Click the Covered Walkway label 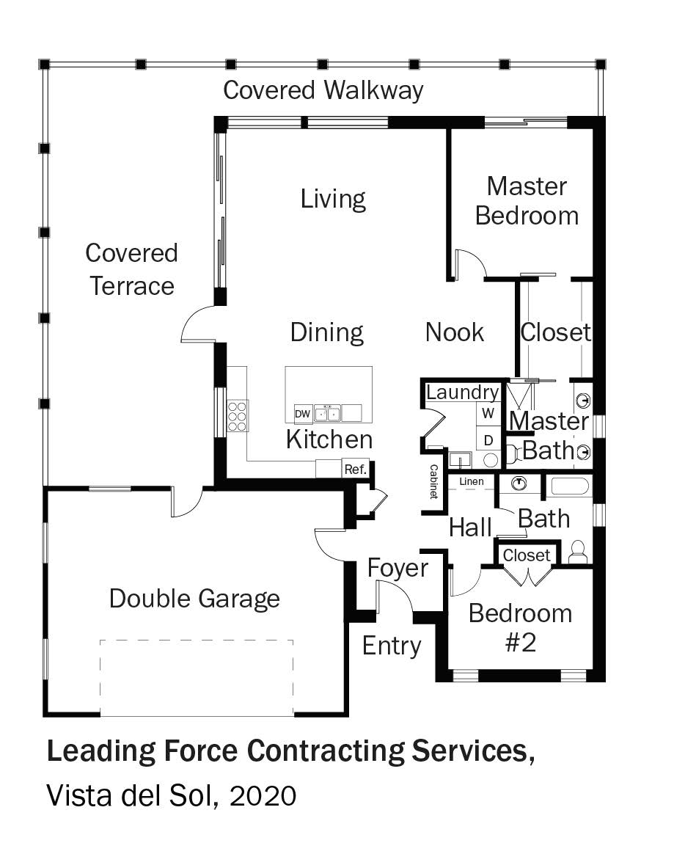point(323,90)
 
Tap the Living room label point(333,200)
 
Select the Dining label point(326,332)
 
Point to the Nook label point(455,332)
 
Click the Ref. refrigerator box point(356,469)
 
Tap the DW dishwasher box point(303,414)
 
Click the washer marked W point(488,413)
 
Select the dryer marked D point(488,440)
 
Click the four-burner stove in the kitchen point(238,416)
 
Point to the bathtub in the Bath point(568,486)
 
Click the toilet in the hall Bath point(578,552)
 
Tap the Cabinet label point(434,481)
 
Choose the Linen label point(472,481)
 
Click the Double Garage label point(194,599)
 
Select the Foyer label point(398,568)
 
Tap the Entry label point(392,646)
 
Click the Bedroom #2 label point(521,628)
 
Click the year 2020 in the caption point(263,796)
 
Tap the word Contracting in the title point(326,751)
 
